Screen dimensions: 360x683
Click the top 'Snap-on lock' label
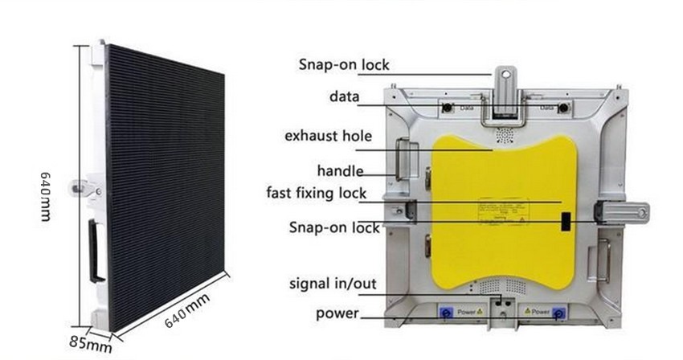click(x=344, y=65)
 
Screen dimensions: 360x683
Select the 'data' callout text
click(x=345, y=97)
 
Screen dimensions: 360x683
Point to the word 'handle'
click(x=340, y=170)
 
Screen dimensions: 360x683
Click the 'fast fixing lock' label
click(x=317, y=193)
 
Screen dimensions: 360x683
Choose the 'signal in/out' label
click(x=333, y=284)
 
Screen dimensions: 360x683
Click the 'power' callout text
click(x=337, y=313)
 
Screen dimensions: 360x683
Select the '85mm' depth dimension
click(x=89, y=344)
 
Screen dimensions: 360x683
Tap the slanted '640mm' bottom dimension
click(x=186, y=310)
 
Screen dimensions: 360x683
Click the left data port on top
click(x=444, y=108)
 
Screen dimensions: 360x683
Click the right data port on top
click(x=564, y=108)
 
